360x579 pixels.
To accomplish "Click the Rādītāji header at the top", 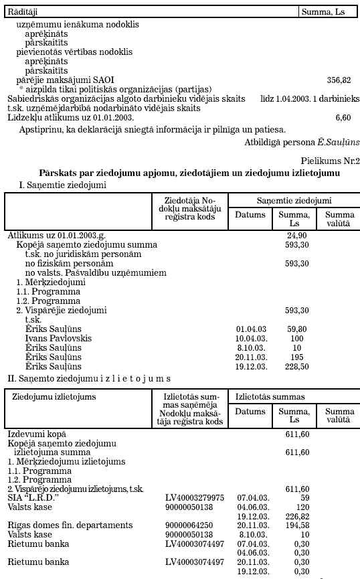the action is (23, 12).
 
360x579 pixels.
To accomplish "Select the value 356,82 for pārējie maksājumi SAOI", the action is (339, 80).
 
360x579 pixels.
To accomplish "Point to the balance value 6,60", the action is (343, 117).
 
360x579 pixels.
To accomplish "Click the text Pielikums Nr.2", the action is (331, 161).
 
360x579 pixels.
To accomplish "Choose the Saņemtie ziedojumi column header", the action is (294, 200).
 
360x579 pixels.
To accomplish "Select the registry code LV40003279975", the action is (194, 498).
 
